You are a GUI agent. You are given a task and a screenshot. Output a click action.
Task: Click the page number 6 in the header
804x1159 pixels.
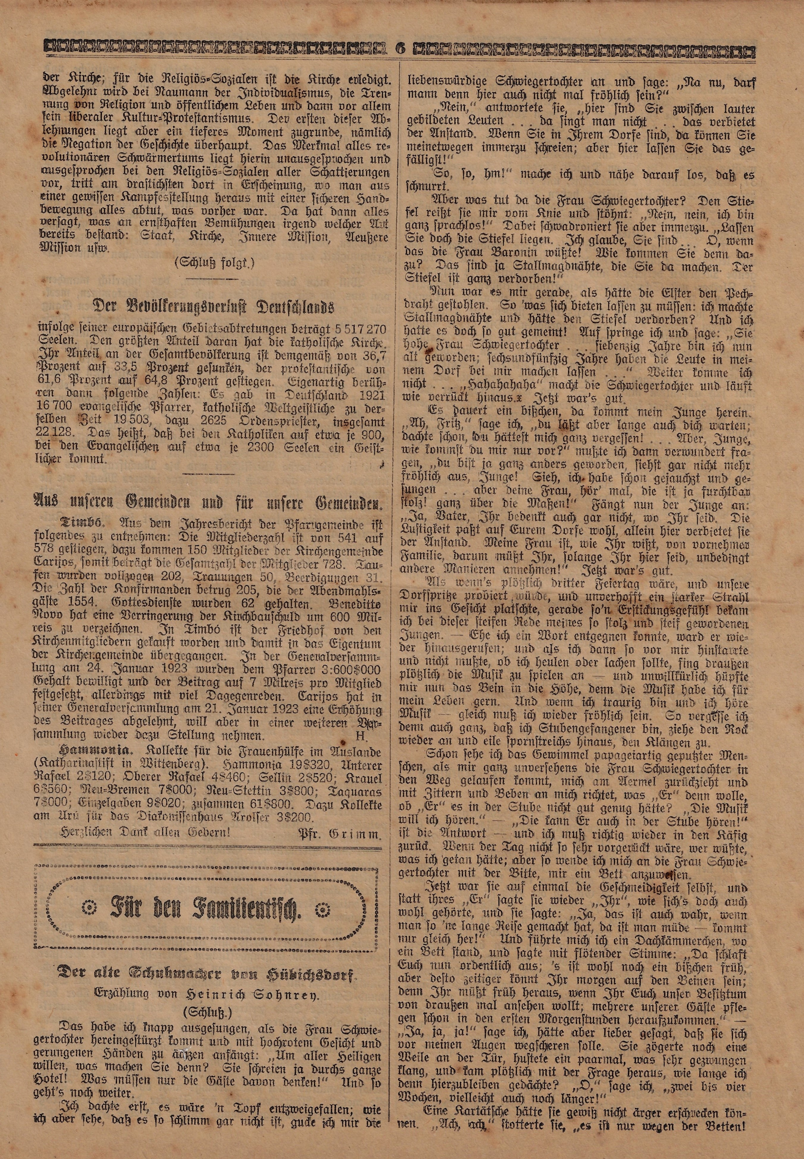(x=401, y=49)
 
